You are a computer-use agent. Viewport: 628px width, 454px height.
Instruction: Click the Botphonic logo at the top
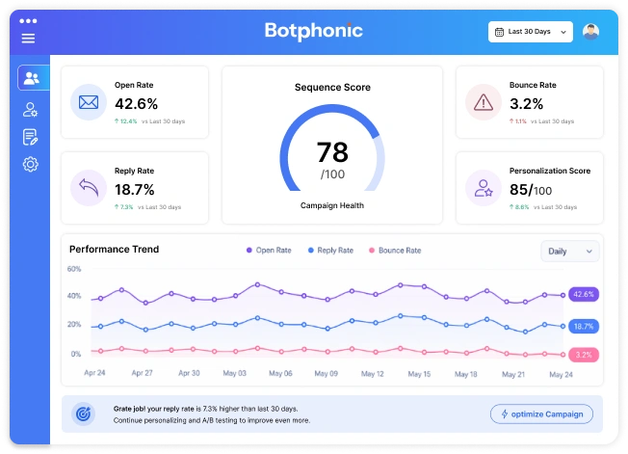[x=314, y=31]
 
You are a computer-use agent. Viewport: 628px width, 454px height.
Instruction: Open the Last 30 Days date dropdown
[x=530, y=32]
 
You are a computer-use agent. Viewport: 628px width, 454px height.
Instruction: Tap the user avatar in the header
[x=590, y=32]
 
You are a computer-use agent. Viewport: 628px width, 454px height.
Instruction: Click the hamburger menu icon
[x=28, y=39]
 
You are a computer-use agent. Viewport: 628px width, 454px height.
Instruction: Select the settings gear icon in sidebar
[x=31, y=165]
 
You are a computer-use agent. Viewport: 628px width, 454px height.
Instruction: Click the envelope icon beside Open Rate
[x=89, y=101]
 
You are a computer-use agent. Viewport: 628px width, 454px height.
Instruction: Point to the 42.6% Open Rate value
[x=136, y=103]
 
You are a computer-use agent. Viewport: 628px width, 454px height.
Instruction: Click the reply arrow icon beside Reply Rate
[x=89, y=187]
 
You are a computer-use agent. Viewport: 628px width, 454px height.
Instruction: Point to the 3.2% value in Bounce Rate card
[x=526, y=103]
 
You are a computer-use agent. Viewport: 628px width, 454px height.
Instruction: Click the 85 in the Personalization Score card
[x=520, y=190]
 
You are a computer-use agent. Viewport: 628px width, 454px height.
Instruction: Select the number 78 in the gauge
[x=332, y=152]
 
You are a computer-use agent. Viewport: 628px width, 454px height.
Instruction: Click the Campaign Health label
[x=332, y=205]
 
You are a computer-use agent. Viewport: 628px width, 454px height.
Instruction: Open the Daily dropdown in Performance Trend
[x=570, y=251]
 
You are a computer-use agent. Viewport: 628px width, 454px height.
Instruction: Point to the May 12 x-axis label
[x=372, y=373]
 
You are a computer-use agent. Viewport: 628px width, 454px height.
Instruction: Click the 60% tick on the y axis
[x=74, y=269]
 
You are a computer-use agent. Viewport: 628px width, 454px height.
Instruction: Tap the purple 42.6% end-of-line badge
[x=584, y=294]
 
